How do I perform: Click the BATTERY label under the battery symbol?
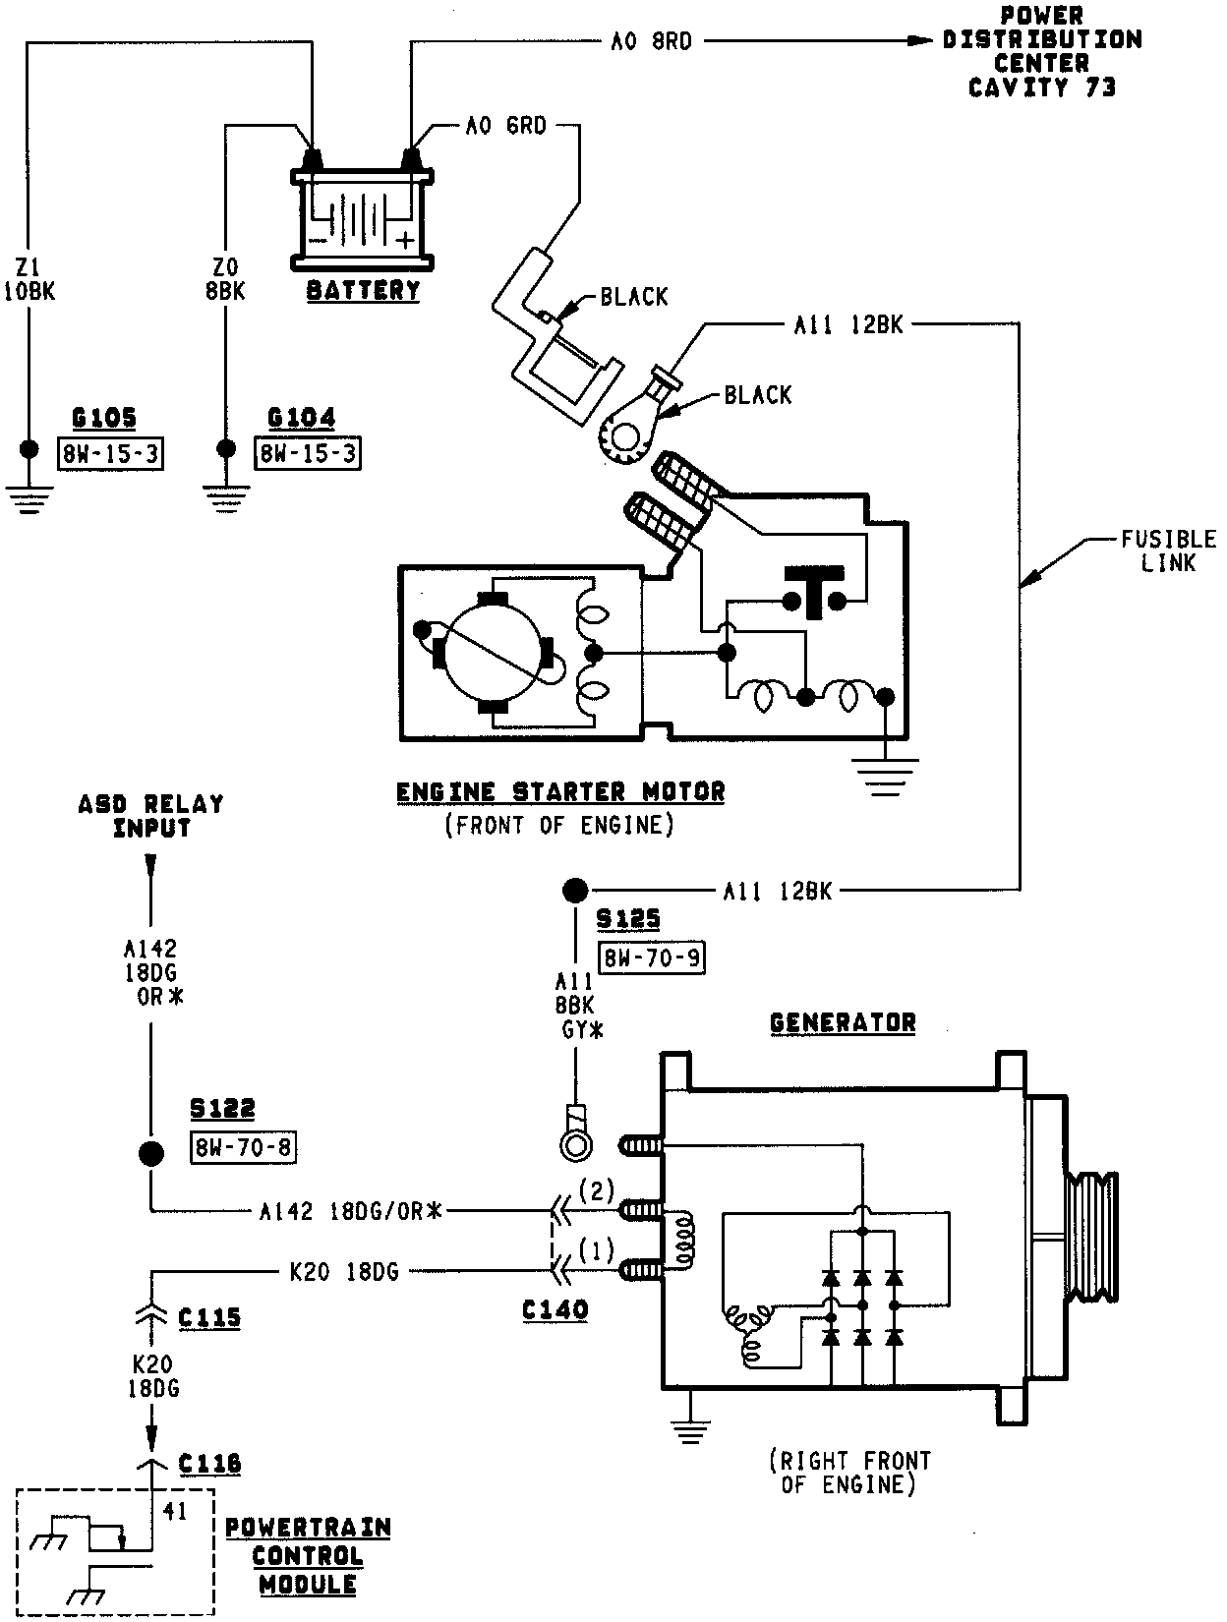363,291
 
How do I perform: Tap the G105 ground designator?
104,420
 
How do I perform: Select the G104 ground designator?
301,420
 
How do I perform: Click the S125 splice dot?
573,891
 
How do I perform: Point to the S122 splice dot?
149,1154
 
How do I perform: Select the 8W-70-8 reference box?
244,1146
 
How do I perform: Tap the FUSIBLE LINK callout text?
1168,551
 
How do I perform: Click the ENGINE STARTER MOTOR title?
560,792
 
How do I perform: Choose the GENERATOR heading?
843,1022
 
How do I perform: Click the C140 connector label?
555,1310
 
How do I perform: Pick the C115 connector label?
209,1317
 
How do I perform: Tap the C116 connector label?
209,1465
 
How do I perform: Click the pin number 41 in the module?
176,1512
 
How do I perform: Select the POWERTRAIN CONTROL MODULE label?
308,1556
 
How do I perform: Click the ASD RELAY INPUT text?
151,816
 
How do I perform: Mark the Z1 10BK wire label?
29,278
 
